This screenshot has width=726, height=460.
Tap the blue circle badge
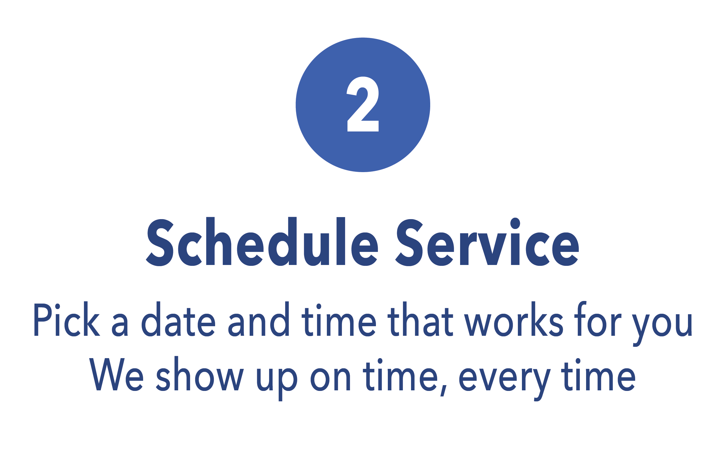pos(363,105)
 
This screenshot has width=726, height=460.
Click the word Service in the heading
pos(487,241)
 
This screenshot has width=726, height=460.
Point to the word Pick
pos(67,319)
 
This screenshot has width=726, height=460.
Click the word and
pos(259,319)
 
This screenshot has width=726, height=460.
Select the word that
pos(420,319)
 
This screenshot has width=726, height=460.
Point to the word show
pos(200,374)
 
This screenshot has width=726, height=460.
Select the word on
pos(330,380)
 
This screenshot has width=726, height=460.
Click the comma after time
pos(443,391)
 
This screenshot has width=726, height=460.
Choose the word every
pos(505,385)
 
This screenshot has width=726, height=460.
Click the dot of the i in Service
pos(515,223)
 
